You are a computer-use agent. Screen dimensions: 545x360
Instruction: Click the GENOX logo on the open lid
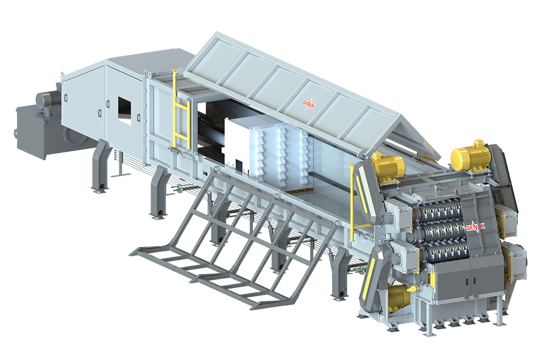coord(308,104)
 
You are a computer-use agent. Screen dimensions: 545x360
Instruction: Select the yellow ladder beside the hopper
coord(181,110)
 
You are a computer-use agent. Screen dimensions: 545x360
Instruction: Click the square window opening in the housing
coord(125,111)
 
